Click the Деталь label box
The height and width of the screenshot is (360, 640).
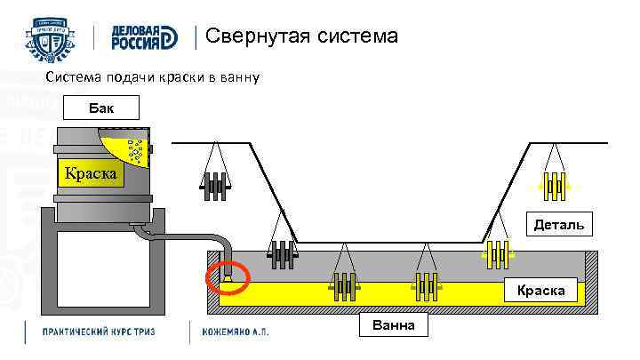click(559, 225)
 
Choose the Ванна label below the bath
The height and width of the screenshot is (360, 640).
click(392, 325)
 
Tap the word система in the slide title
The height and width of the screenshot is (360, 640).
click(352, 37)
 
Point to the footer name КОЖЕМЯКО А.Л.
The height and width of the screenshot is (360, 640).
click(236, 332)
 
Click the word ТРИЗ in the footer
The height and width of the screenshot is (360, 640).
click(157, 332)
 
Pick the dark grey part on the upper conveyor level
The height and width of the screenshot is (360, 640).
click(214, 184)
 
